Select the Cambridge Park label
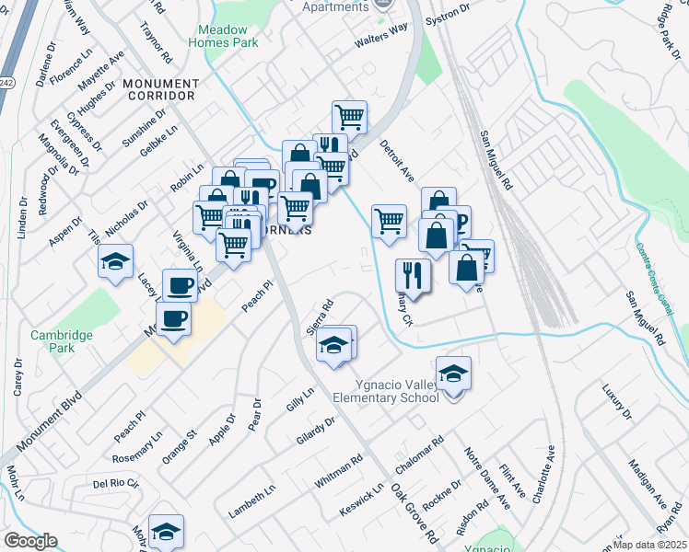61,342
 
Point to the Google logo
30,541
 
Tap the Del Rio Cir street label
115,483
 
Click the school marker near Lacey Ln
116,261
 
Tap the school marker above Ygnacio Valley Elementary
453,374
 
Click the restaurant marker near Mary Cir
412,274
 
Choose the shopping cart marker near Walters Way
349,117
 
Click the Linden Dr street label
22,226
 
